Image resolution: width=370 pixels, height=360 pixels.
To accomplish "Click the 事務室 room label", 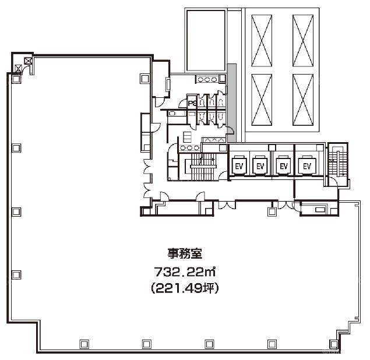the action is (x=185, y=253).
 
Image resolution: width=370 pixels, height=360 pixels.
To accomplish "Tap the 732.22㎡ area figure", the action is (x=185, y=272).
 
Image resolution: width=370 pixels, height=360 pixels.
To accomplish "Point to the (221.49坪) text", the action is (x=185, y=288).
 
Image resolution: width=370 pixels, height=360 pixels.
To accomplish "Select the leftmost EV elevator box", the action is (x=239, y=166).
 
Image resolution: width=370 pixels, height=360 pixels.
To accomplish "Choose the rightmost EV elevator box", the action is (x=306, y=166).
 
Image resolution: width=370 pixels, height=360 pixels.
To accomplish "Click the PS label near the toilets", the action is (x=192, y=103).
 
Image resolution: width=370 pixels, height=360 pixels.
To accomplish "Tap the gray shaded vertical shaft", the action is (x=231, y=103).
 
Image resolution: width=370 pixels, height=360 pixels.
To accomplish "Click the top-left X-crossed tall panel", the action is (x=262, y=41).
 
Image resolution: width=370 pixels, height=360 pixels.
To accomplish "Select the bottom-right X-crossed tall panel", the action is (x=303, y=100).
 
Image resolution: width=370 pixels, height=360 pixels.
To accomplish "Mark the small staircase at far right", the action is (x=338, y=163).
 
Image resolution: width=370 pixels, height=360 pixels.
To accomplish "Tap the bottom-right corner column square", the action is (x=334, y=344).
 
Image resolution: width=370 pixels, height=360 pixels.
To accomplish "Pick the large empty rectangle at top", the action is (x=206, y=40).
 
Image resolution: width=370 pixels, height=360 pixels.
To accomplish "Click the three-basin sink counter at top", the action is (x=207, y=79).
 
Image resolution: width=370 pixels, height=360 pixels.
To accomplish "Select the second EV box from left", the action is (x=260, y=166).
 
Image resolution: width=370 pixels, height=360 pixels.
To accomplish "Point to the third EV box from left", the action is (x=283, y=166).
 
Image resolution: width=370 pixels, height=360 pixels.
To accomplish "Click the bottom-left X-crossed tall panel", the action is (x=262, y=100).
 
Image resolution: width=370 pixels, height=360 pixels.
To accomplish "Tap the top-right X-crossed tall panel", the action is (x=303, y=41).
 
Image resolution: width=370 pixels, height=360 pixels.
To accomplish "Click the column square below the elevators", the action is (x=272, y=211).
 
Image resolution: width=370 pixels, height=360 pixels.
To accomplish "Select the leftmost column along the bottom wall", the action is (x=84, y=344).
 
